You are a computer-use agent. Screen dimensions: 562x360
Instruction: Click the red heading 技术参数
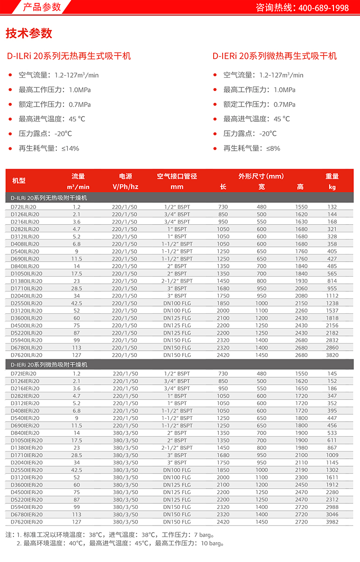coord(29,34)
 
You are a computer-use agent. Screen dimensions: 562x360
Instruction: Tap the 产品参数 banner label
coord(42,7)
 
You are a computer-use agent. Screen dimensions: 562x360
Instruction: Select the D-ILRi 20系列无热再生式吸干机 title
coord(68,56)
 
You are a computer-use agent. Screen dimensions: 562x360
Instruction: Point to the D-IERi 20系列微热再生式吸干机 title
coord(275,56)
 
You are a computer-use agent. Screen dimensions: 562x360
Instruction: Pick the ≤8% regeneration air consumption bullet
coord(252,148)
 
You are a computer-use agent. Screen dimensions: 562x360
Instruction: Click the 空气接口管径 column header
coord(177,176)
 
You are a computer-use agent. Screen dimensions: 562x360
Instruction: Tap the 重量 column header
coord(332,176)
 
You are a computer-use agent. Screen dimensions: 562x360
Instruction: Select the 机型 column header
coord(19,181)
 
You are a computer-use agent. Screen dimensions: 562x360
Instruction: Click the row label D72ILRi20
coord(24,207)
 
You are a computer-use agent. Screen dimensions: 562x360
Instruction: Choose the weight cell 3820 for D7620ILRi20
coord(332,355)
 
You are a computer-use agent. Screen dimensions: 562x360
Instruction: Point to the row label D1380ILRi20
coord(27,281)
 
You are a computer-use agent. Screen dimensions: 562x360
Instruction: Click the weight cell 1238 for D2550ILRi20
coord(332,303)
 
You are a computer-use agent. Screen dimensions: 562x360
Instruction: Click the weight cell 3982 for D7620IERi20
coord(332,522)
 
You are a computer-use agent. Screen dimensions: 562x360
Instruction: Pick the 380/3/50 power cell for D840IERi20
coord(125,433)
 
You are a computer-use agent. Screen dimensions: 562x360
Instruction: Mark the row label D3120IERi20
coord(27,478)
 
